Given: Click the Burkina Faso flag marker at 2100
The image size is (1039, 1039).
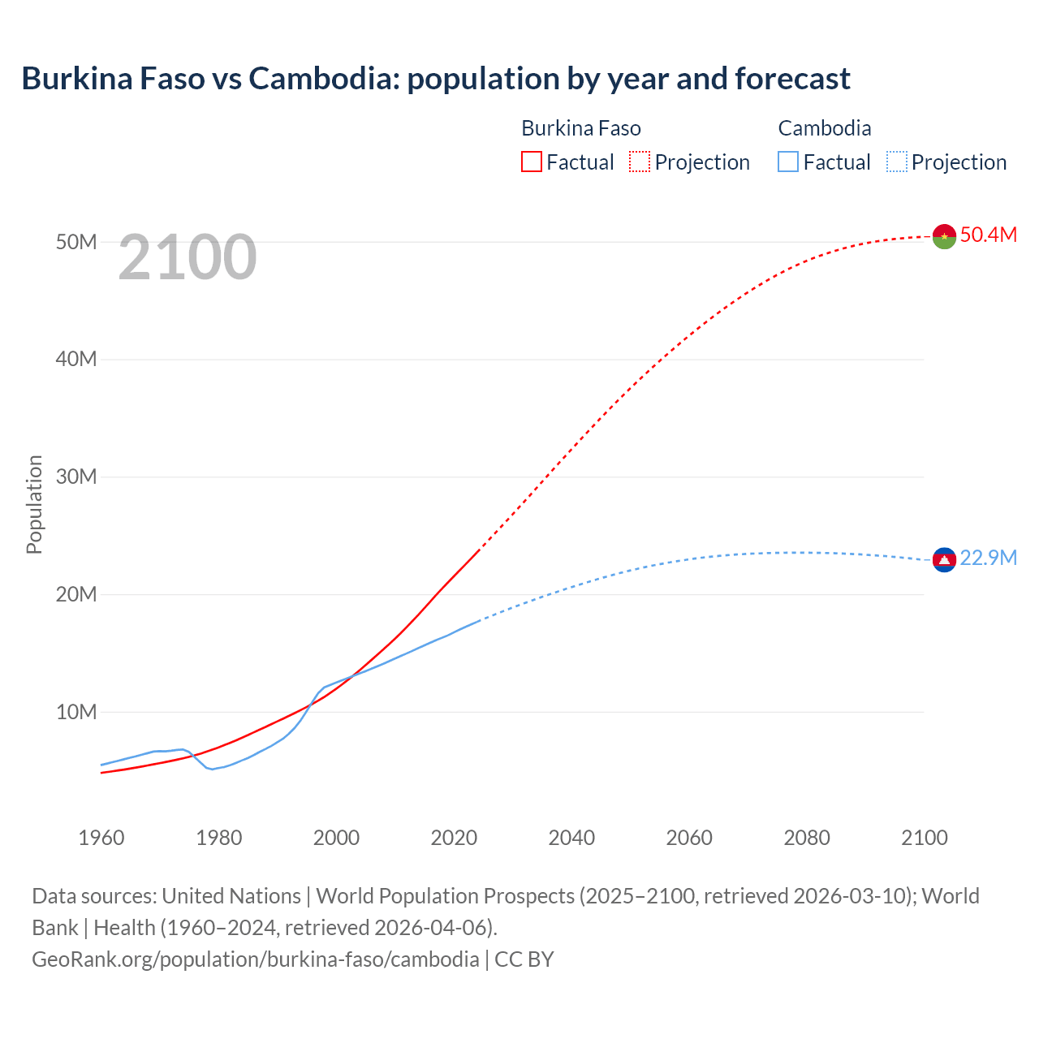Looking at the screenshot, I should pos(944,236).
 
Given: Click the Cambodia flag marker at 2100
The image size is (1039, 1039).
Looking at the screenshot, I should pos(944,559).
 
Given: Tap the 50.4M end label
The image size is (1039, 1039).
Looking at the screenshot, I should pos(988,235).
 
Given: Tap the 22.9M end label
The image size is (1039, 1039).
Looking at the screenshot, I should pos(988,558).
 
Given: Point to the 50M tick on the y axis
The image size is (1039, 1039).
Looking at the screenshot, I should pos(76,242).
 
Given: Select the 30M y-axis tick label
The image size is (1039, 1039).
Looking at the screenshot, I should pos(76,476).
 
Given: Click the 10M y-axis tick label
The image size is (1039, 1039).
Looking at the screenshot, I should pos(76,712).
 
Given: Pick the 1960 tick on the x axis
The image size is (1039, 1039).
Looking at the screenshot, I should pos(101,837).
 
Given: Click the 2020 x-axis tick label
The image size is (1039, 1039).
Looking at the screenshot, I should pos(454,837).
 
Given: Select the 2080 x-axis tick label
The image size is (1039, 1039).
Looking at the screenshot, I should pos(807,837).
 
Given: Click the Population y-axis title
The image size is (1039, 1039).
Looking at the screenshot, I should pos(34,504).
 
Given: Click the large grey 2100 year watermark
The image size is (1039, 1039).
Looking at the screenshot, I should pos(188,257).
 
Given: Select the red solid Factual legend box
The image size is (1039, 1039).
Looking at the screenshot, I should pos(531,162).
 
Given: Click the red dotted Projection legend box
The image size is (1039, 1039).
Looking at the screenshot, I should pos(640,162).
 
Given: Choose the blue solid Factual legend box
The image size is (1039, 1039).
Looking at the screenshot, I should pos(788,162).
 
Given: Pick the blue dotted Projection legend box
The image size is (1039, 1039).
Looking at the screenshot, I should pos(897,162).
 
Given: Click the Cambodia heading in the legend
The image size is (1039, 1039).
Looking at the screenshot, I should pos(824,128).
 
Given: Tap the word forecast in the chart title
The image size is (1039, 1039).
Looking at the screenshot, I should pos(792,79).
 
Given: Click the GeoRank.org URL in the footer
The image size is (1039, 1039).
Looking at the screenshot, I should pos(255,959).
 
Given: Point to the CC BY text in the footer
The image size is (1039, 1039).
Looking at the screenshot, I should pos(524,959).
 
